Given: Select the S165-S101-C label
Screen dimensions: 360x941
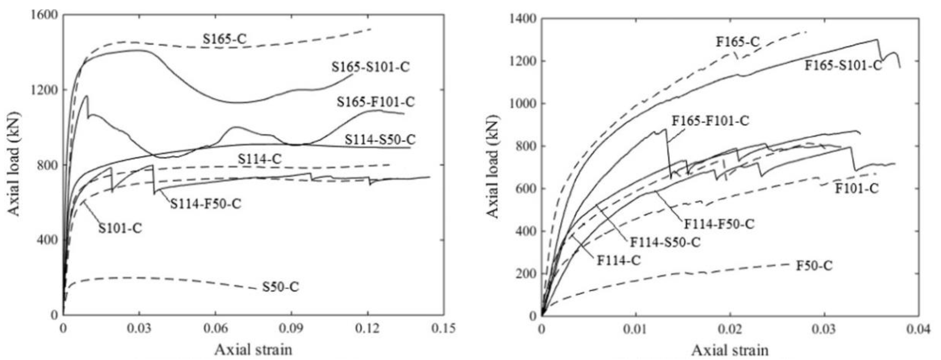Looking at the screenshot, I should coord(370,67).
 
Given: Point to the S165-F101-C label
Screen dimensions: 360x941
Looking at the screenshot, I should coord(375,102).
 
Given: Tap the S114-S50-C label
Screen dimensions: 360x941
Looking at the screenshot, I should coord(380,139).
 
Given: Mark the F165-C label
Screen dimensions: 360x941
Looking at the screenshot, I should coord(737,52).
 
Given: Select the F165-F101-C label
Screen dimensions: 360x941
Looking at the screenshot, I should coord(710,120).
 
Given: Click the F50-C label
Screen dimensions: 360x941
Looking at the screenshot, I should coord(814,265).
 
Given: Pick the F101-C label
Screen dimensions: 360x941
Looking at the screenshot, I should coord(857,188).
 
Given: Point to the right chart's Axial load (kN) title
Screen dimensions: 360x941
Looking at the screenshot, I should coord(493,166).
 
